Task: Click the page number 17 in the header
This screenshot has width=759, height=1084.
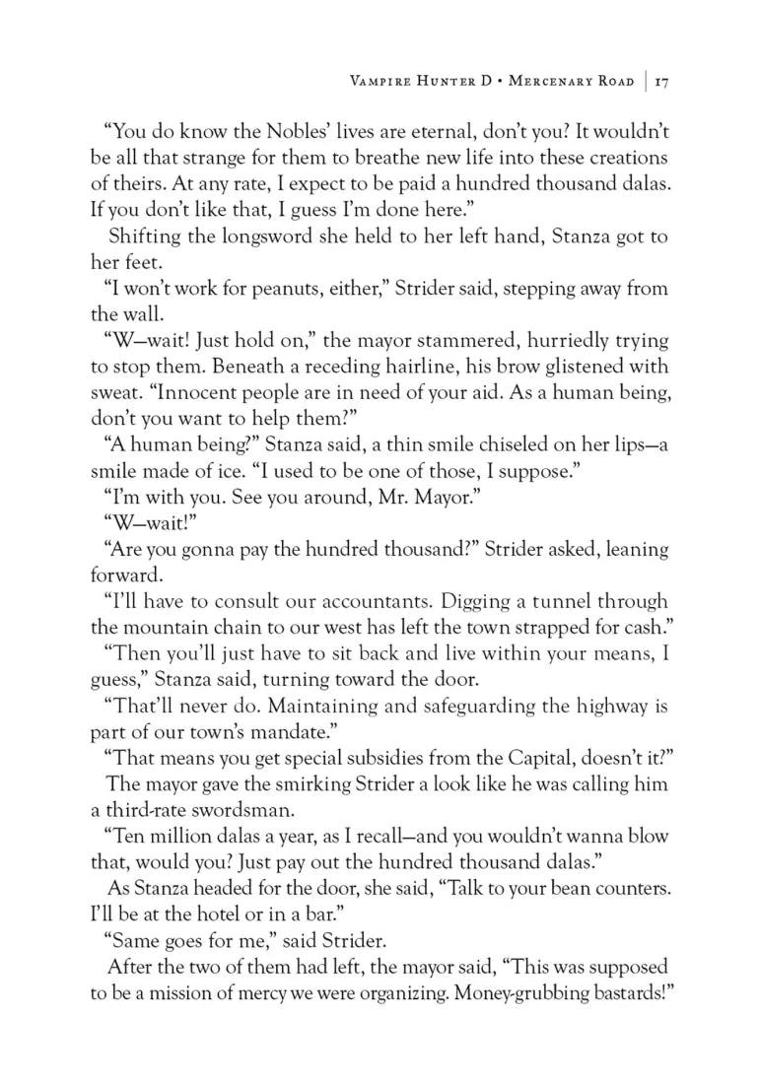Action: pyautogui.click(x=661, y=82)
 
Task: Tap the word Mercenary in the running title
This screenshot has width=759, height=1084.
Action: pyautogui.click(x=555, y=82)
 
